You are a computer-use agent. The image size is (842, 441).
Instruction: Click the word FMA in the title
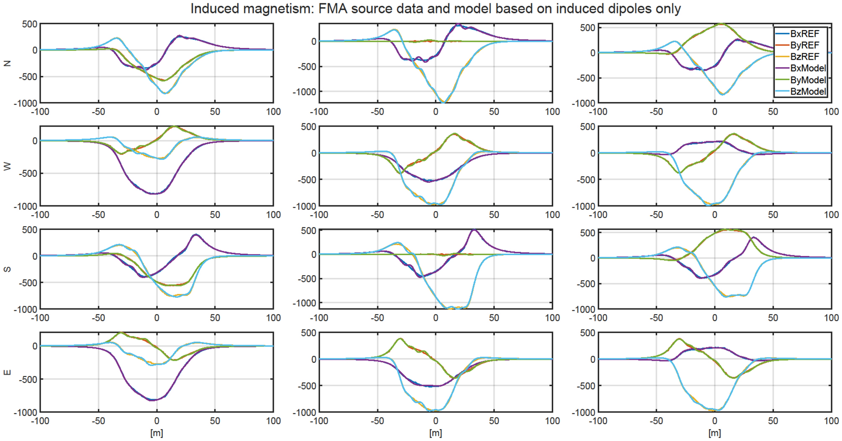click(x=333, y=8)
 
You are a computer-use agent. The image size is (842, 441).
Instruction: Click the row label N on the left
click(x=7, y=63)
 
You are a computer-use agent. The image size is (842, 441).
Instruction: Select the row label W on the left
click(x=7, y=167)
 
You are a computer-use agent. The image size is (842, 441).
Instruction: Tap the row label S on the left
click(x=7, y=269)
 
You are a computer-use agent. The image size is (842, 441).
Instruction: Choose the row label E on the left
click(x=7, y=372)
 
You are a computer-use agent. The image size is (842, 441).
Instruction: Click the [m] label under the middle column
click(x=435, y=433)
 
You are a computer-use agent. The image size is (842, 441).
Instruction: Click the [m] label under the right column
click(x=714, y=433)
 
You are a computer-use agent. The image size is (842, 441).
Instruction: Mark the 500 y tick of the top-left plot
click(x=29, y=24)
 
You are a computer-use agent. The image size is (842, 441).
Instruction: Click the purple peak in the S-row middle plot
click(x=474, y=230)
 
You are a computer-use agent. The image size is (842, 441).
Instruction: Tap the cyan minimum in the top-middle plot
click(x=443, y=102)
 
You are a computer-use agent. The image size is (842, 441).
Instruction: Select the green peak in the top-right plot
click(x=722, y=24)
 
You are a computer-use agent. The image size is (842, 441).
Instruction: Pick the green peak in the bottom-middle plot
click(x=400, y=339)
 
